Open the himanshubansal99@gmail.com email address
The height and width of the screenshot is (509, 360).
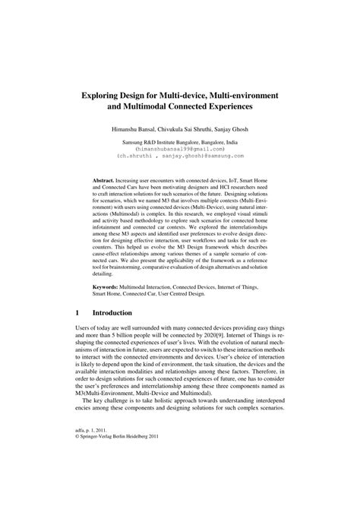[x=180, y=150]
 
